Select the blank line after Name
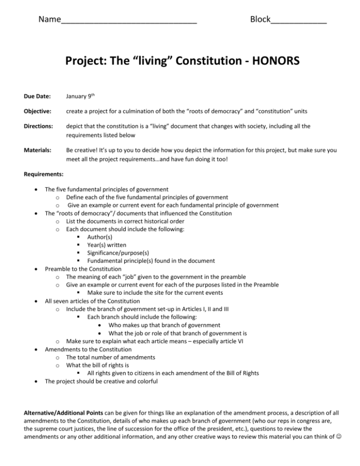129,21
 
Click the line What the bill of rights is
102,366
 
